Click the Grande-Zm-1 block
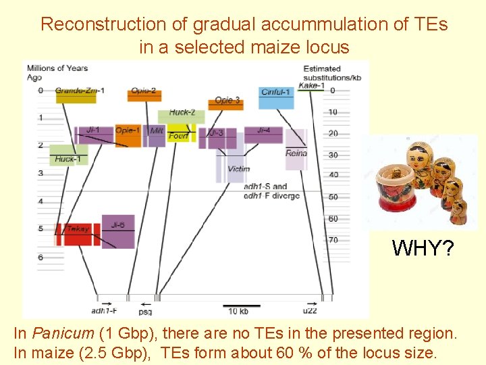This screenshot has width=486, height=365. click(76, 97)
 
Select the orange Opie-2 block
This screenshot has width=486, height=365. click(143, 97)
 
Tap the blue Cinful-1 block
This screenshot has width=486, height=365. click(276, 98)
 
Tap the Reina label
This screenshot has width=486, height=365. click(296, 153)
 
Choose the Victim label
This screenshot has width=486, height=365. click(239, 169)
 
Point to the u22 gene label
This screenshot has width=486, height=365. click(309, 312)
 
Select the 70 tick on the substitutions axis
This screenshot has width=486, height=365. click(333, 239)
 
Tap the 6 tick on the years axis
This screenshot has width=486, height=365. click(40, 258)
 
